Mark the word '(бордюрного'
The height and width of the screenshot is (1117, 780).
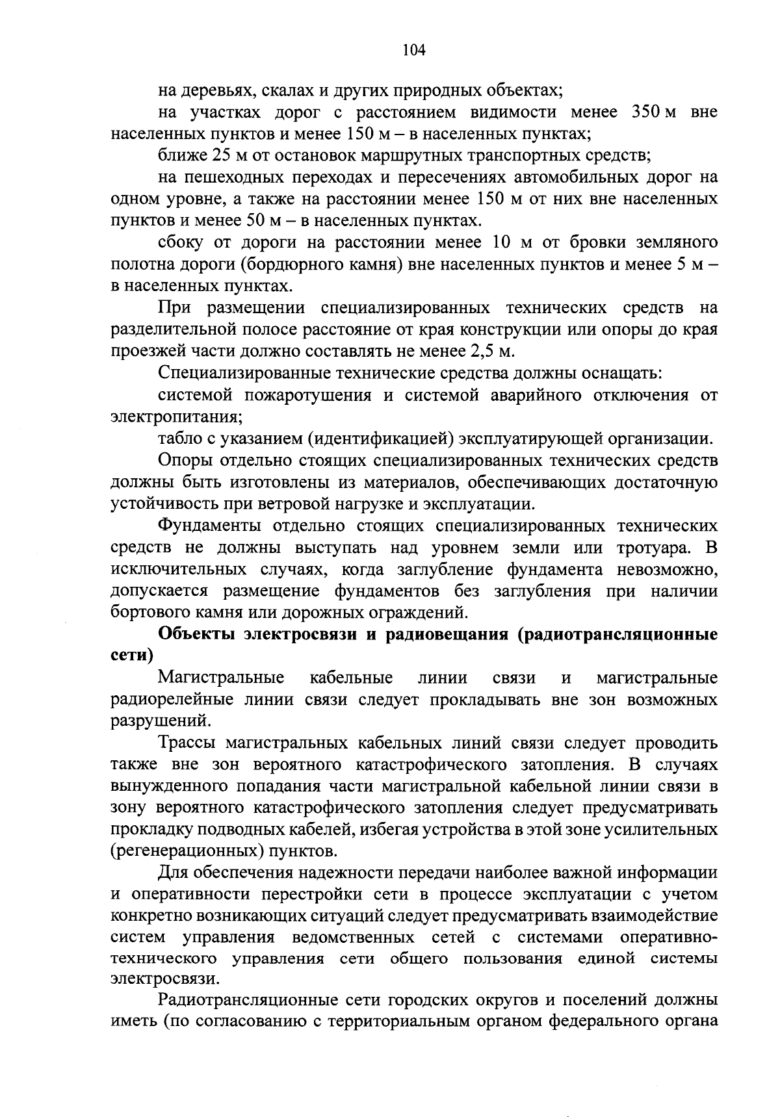coord(275,264)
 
